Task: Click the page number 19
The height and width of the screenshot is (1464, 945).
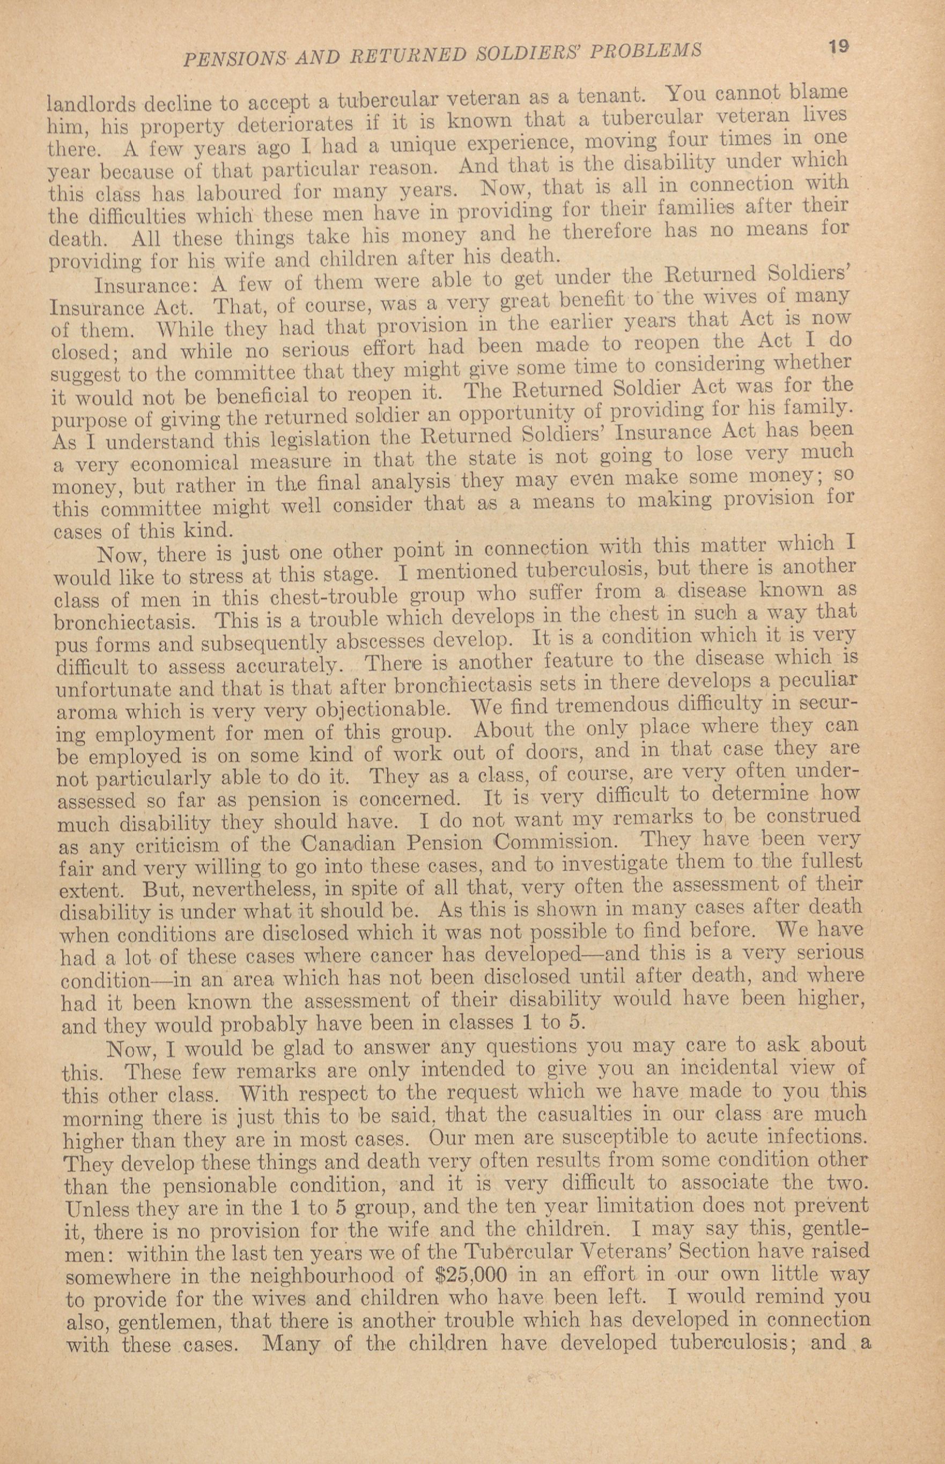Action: (x=838, y=47)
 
